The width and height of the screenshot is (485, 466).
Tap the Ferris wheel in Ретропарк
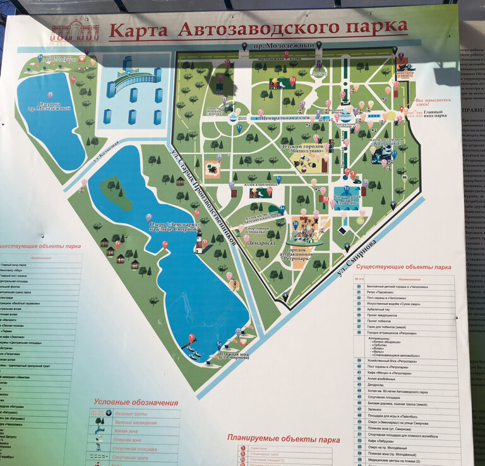click(296, 227)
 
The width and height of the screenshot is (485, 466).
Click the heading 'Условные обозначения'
click(135, 402)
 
